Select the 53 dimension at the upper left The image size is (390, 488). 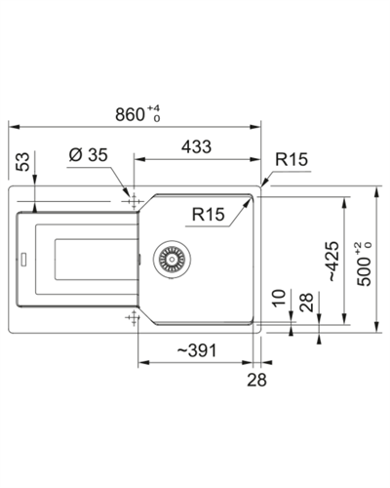(22, 161)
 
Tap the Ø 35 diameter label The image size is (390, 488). (89, 154)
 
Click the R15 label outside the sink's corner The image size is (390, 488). (292, 159)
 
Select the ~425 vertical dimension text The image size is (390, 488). (332, 262)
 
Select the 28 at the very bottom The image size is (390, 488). (256, 380)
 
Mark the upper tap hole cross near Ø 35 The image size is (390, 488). (134, 199)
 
